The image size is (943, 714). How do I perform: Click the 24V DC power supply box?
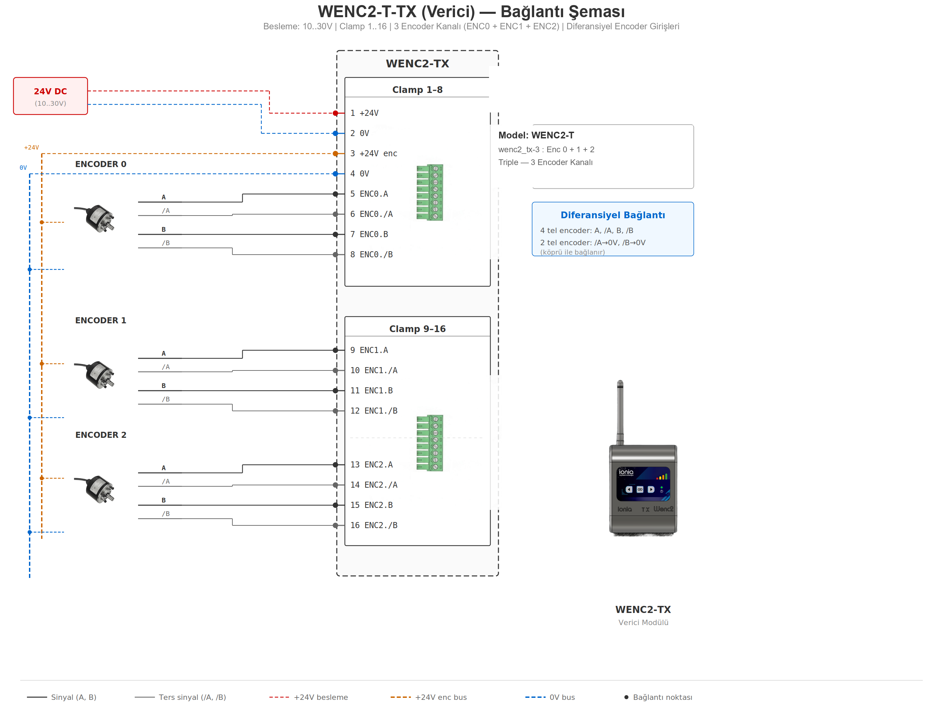point(50,96)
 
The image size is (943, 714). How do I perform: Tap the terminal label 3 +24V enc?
point(373,154)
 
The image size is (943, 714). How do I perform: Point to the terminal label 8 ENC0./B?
point(371,255)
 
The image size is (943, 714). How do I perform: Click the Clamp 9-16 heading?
point(417,329)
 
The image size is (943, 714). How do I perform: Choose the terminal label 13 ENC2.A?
point(371,465)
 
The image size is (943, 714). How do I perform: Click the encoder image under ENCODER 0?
point(96,218)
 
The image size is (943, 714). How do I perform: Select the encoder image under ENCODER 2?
point(96,489)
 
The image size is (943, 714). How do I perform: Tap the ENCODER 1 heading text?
point(101,321)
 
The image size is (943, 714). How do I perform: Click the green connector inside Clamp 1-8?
point(430,192)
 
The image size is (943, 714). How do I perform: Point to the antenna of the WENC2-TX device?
point(620,411)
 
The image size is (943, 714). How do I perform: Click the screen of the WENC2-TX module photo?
point(643,484)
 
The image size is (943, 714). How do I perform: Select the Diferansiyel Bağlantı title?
point(612,215)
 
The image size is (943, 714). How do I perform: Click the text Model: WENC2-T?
point(536,135)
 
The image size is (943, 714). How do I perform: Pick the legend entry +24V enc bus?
point(441,697)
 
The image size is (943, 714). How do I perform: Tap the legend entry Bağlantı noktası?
point(662,697)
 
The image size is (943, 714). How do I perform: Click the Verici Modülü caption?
point(643,622)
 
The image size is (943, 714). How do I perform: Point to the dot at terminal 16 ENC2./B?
point(335,526)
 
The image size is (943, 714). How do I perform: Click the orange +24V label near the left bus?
point(31,148)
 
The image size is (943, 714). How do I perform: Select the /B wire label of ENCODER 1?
point(166,399)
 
